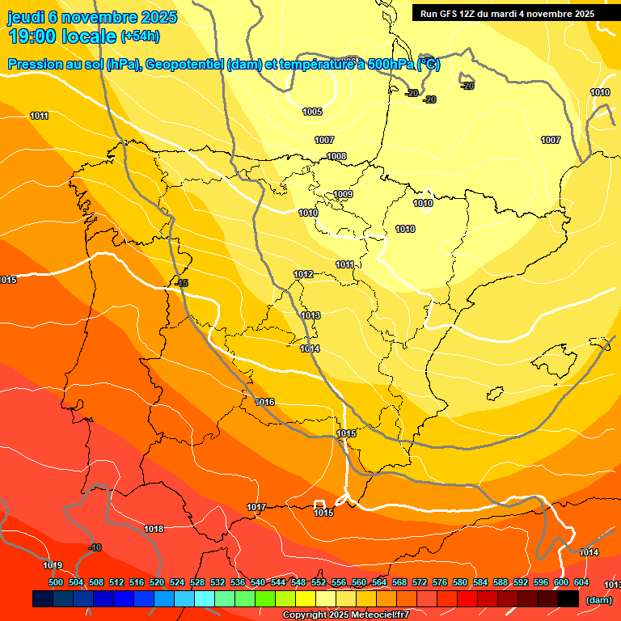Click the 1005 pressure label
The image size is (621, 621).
coord(312,112)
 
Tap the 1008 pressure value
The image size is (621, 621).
coord(336,156)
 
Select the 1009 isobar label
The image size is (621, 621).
coord(343,194)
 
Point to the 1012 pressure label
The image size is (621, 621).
coord(303,275)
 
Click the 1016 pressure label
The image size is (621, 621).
coord(264,402)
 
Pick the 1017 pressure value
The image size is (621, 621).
coord(256,507)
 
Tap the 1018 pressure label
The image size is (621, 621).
coord(154,529)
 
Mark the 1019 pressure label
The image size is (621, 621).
coord(53,565)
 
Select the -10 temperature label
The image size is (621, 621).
coord(95,548)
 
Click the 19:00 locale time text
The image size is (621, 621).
coord(62,36)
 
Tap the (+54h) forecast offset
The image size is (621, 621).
coord(140,36)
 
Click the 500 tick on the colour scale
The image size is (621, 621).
coord(56,582)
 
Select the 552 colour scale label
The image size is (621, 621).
coord(319,582)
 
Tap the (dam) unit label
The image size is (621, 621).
coord(598,600)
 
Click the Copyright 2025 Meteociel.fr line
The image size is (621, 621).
coord(345,615)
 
